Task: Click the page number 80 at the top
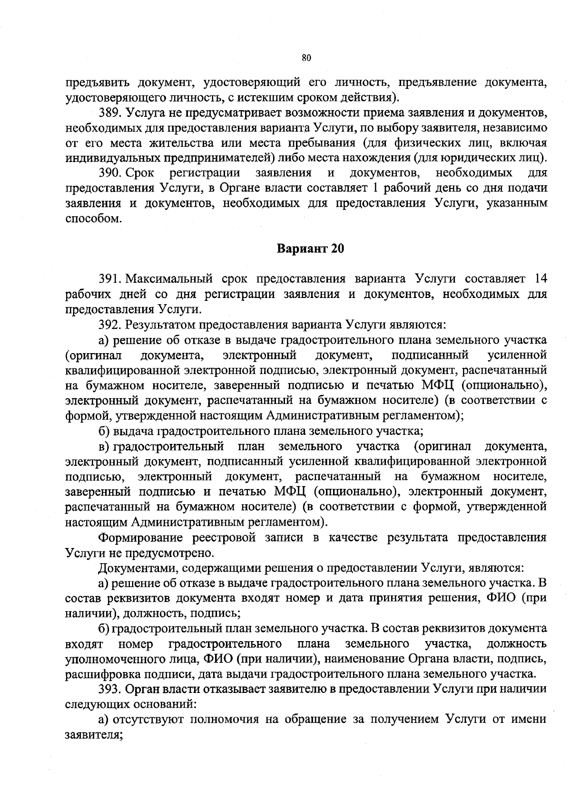click(306, 58)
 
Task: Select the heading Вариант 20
click(310, 249)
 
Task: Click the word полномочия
click(224, 719)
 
